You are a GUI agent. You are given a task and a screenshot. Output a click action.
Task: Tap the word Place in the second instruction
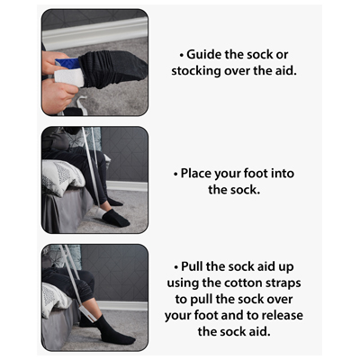tap(195, 174)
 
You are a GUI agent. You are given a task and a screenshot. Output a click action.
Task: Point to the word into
tap(283, 174)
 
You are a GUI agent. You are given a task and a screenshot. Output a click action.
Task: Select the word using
tap(183, 283)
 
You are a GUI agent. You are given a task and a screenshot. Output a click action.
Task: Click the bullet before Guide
tap(182, 56)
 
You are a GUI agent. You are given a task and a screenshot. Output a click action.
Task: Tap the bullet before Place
tap(175, 175)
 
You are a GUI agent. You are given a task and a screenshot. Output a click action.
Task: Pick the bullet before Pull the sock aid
tap(176, 267)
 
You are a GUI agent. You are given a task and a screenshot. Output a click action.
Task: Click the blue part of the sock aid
tap(67, 63)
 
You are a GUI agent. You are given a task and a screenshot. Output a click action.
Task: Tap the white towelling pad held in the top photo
tap(68, 77)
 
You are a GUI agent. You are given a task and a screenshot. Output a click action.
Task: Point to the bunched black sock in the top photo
tap(112, 68)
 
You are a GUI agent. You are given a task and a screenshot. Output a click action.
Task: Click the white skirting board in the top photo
tap(95, 32)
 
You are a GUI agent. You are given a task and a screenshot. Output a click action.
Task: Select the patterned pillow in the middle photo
tap(62, 177)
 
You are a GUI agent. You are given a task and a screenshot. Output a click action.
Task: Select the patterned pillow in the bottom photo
tap(55, 299)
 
